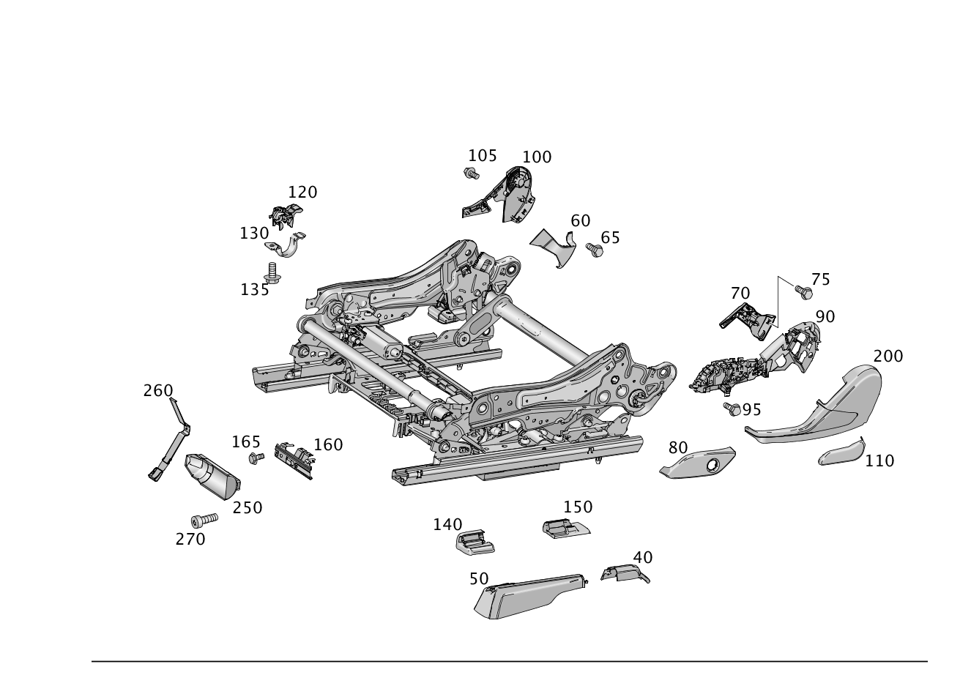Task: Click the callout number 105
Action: coord(482,155)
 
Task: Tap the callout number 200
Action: coord(888,357)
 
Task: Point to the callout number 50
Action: coord(478,578)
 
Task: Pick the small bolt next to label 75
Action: coord(803,291)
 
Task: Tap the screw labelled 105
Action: coord(471,174)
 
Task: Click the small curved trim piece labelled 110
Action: coord(841,453)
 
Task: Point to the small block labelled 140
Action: coord(474,543)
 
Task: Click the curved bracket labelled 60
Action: coord(554,246)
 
